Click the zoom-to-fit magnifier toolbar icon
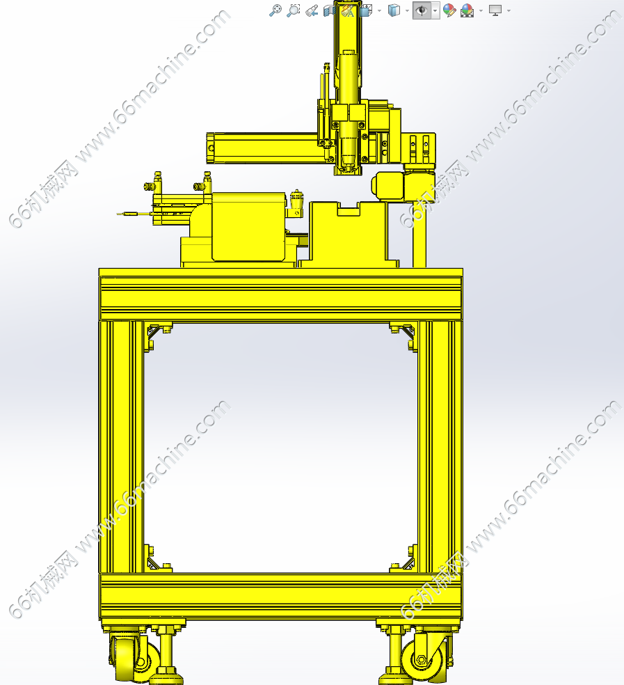pyautogui.click(x=275, y=10)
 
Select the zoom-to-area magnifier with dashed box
pyautogui.click(x=294, y=10)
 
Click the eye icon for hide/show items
pyautogui.click(x=422, y=10)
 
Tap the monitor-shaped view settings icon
pyautogui.click(x=495, y=10)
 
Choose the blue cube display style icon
pyautogui.click(x=394, y=10)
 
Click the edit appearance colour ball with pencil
pyautogui.click(x=449, y=10)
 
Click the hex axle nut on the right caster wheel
pyautogui.click(x=422, y=659)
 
